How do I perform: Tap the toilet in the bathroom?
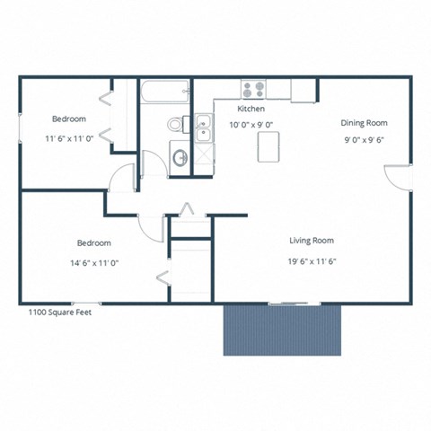coord(176,124)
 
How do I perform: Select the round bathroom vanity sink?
coord(180,159)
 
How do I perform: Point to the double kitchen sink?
coord(204,128)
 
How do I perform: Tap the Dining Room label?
coord(363,123)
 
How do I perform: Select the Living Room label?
coord(312,241)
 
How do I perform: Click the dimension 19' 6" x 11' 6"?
coord(312,262)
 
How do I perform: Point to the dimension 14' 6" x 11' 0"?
coord(93,263)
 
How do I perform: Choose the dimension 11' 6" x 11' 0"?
coord(69,139)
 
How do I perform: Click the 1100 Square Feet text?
coord(60,312)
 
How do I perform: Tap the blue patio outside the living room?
coord(283,329)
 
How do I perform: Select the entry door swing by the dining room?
coord(395,177)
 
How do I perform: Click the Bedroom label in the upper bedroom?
coord(68,119)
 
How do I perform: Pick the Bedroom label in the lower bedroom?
coord(93,243)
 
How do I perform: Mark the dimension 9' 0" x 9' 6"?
coord(363,140)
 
